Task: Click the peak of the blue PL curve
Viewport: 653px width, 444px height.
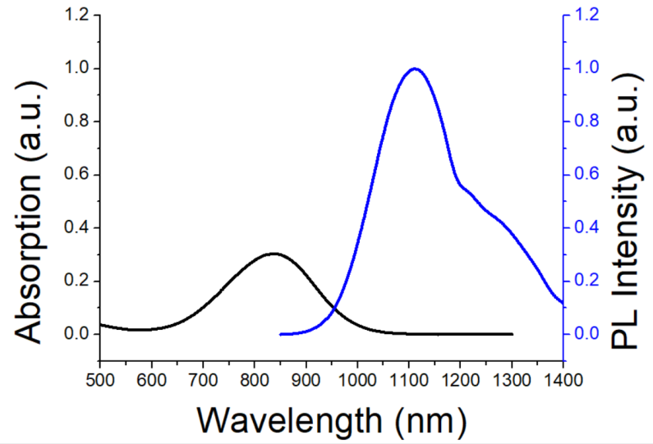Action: [415, 69]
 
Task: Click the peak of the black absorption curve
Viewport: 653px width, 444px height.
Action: [274, 254]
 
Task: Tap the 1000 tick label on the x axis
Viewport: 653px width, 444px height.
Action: [357, 380]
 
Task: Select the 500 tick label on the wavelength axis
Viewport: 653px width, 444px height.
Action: [99, 380]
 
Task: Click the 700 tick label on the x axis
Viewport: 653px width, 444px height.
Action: [203, 380]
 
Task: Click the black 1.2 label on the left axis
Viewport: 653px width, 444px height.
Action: [77, 15]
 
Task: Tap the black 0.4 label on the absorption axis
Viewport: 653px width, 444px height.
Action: [77, 228]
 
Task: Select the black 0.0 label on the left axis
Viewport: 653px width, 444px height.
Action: [77, 335]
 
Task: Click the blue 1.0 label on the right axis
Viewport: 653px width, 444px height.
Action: [587, 68]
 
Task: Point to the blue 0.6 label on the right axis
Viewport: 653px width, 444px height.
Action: [587, 175]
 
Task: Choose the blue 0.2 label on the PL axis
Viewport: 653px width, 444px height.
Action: [587, 282]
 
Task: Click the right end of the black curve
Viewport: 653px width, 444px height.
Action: [513, 334]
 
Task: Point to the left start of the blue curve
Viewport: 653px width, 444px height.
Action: [281, 334]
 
